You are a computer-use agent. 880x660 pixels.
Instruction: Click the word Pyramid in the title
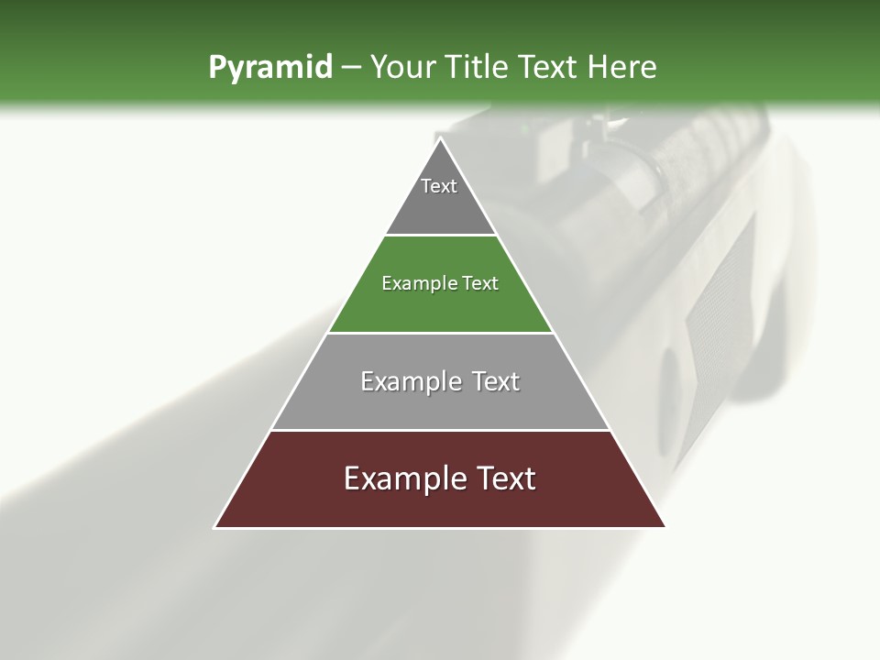coord(269,68)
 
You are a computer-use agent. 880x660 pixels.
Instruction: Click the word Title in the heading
coord(478,68)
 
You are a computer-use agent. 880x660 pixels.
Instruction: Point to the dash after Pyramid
coord(350,68)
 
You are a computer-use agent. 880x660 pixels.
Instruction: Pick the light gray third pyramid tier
coord(440,403)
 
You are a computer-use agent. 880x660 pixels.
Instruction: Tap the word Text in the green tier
coord(481,283)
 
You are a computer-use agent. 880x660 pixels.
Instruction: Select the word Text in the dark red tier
coord(504,478)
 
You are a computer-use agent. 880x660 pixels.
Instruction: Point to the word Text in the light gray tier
coord(496,381)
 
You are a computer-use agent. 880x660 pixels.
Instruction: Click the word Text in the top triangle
coord(439,186)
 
